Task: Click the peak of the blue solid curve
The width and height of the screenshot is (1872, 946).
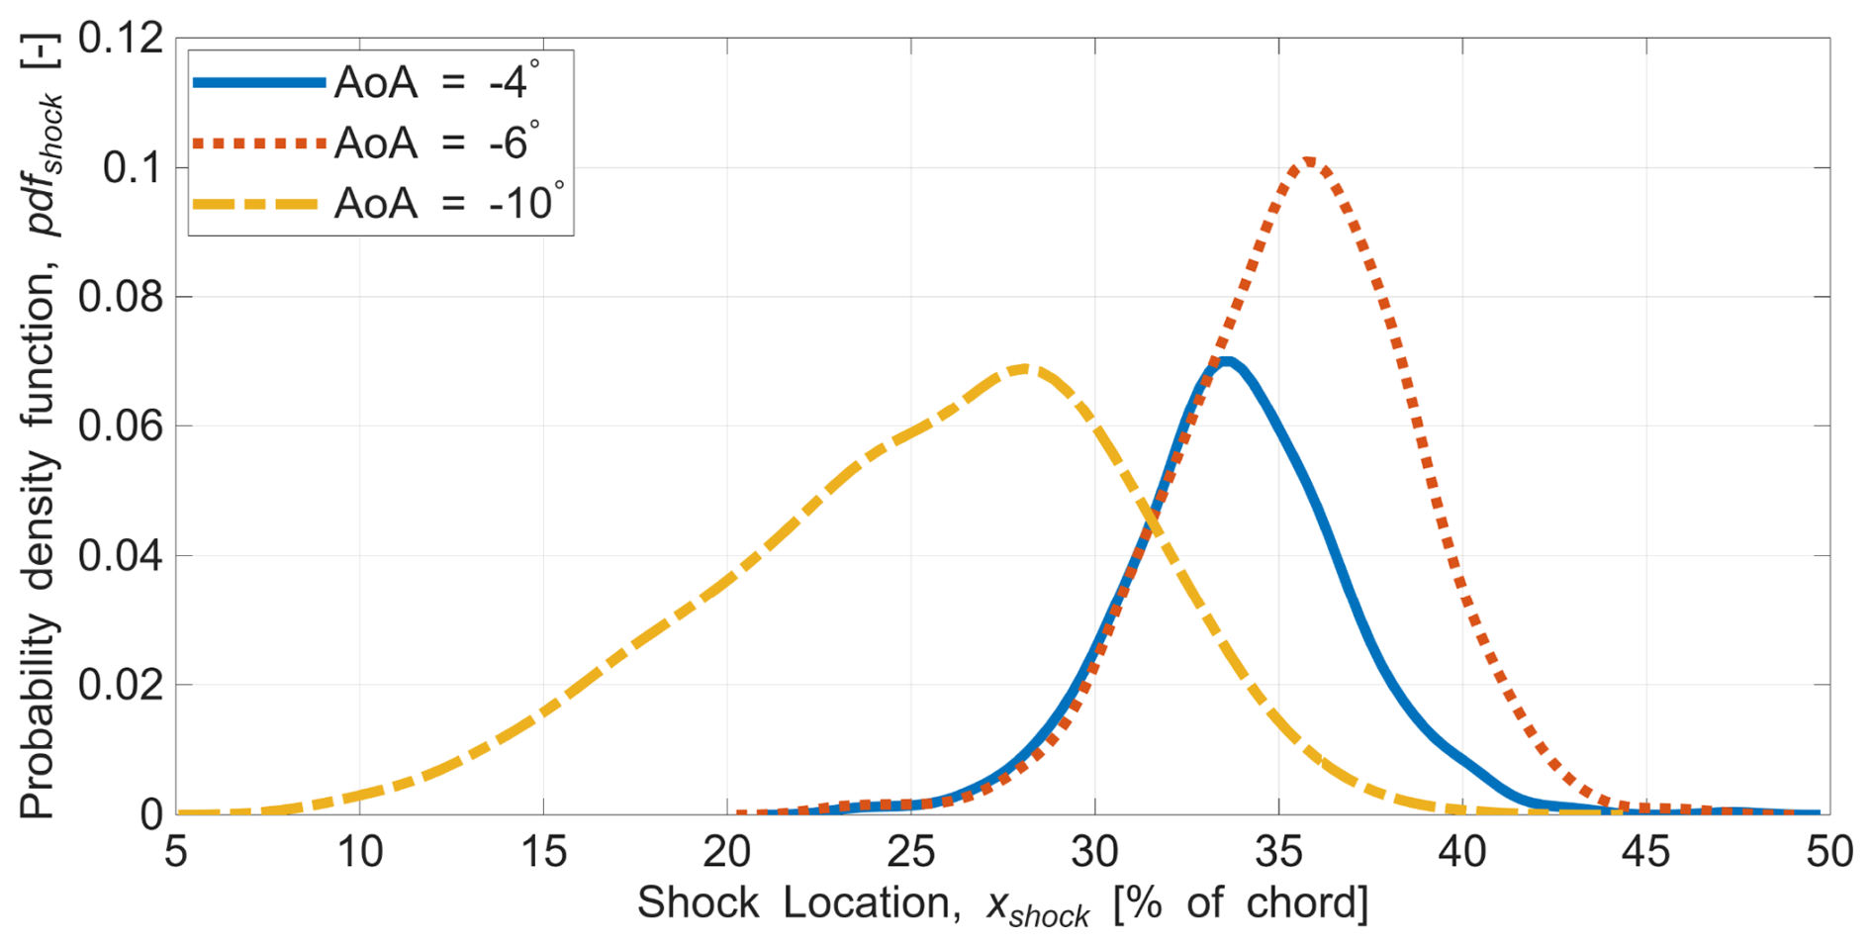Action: coord(1226,361)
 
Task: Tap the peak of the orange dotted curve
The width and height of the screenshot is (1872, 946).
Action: coord(1308,161)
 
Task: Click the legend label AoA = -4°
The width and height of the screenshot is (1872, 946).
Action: coord(436,82)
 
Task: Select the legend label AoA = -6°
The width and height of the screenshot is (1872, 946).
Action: coord(436,142)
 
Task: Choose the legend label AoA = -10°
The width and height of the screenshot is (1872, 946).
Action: coord(448,203)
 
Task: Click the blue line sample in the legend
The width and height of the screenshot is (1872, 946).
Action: coord(259,83)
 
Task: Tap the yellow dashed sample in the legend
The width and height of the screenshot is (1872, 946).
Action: coord(259,204)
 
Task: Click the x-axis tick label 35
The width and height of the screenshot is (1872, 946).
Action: coord(1278,852)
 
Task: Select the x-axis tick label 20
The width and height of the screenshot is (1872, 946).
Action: coord(727,852)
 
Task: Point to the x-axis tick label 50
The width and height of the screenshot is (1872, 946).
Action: coord(1828,852)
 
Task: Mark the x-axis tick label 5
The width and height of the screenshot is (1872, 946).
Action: coord(176,852)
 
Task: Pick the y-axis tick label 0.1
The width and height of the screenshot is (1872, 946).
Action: coord(133,168)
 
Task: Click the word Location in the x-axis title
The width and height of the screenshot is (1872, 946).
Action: coord(871,902)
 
